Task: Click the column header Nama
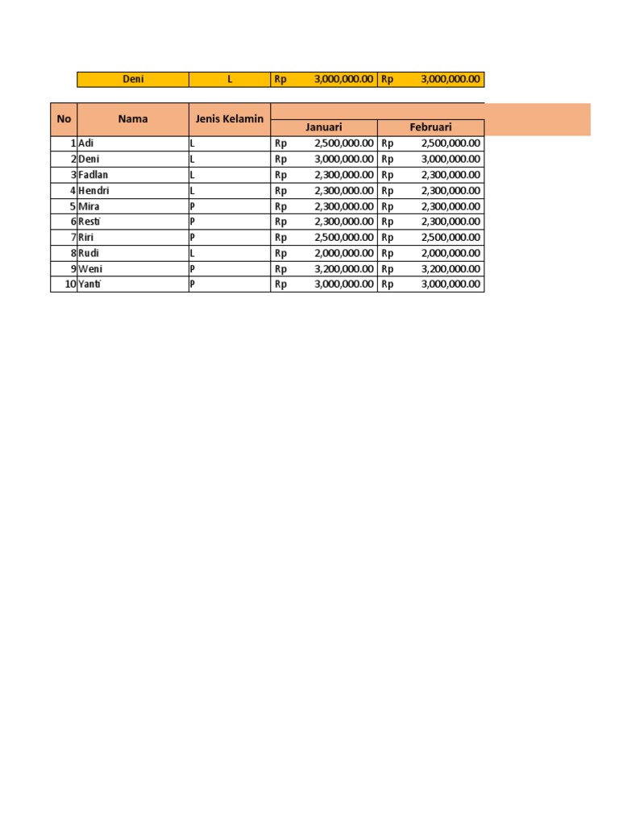133,119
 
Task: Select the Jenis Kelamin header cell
230,119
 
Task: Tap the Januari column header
323,127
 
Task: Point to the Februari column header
430,127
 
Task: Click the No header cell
64,119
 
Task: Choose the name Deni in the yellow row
133,79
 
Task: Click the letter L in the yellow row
230,79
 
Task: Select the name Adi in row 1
86,143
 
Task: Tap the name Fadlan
93,175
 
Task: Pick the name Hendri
93,190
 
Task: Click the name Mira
89,206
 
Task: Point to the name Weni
90,268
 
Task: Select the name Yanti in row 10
91,284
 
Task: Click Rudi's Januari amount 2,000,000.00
343,253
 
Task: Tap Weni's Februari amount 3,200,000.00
451,268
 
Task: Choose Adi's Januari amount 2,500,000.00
343,143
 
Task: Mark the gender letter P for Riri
193,238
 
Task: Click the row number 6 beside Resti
73,222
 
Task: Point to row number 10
70,284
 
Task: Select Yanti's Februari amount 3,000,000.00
451,284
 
